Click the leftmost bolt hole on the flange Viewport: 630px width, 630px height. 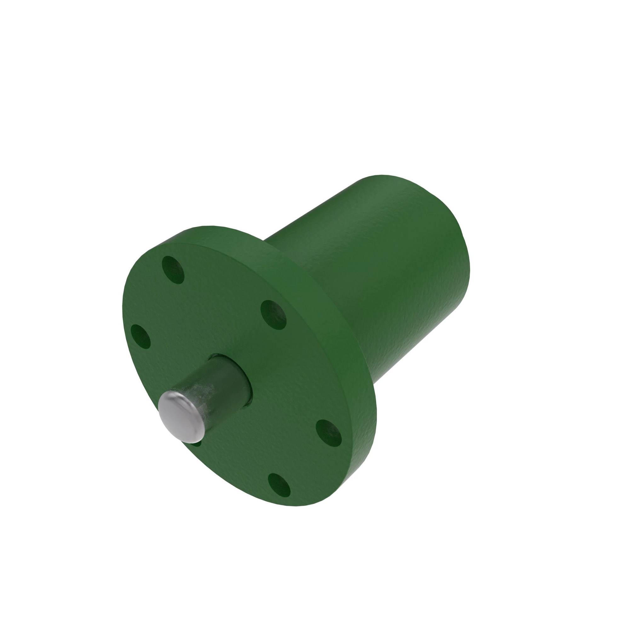click(140, 336)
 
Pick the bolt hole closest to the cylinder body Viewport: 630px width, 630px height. click(274, 315)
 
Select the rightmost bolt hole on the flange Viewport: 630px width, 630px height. click(328, 433)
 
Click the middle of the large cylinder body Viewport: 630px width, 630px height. click(375, 277)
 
